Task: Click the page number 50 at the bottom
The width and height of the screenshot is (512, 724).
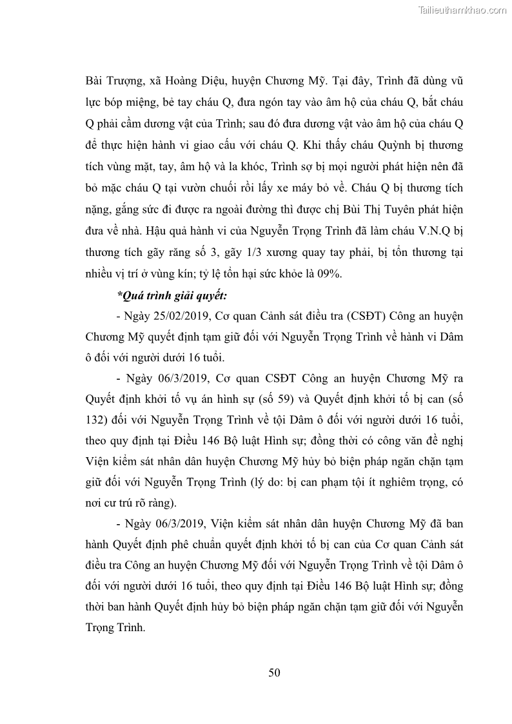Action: click(x=274, y=673)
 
